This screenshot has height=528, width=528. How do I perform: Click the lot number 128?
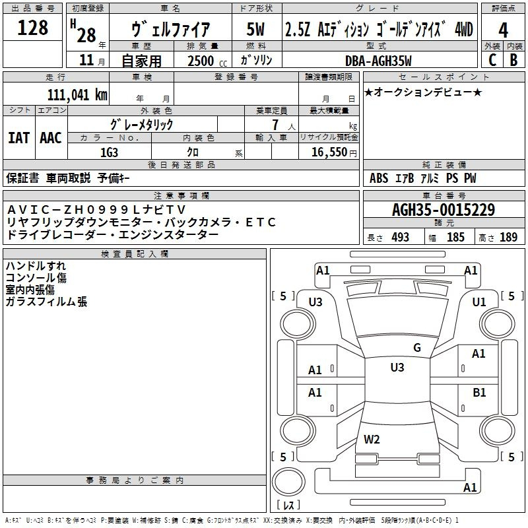33,28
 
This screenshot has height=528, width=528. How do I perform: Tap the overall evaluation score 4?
504,30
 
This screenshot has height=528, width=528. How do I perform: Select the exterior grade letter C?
492,59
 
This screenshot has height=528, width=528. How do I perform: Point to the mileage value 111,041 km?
77,94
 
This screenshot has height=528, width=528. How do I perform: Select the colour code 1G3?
109,151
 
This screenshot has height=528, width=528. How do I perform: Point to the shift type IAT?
19,138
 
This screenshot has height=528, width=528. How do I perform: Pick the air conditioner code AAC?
51,138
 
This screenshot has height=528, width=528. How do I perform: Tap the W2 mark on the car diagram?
372,440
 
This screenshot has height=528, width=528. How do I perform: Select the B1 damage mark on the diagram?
479,392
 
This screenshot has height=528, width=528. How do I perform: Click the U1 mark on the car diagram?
479,302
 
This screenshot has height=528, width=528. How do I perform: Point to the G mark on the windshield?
416,348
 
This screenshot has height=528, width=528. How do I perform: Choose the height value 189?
509,238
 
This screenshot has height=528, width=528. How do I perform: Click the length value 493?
400,238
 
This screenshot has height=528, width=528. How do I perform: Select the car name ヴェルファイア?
171,30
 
